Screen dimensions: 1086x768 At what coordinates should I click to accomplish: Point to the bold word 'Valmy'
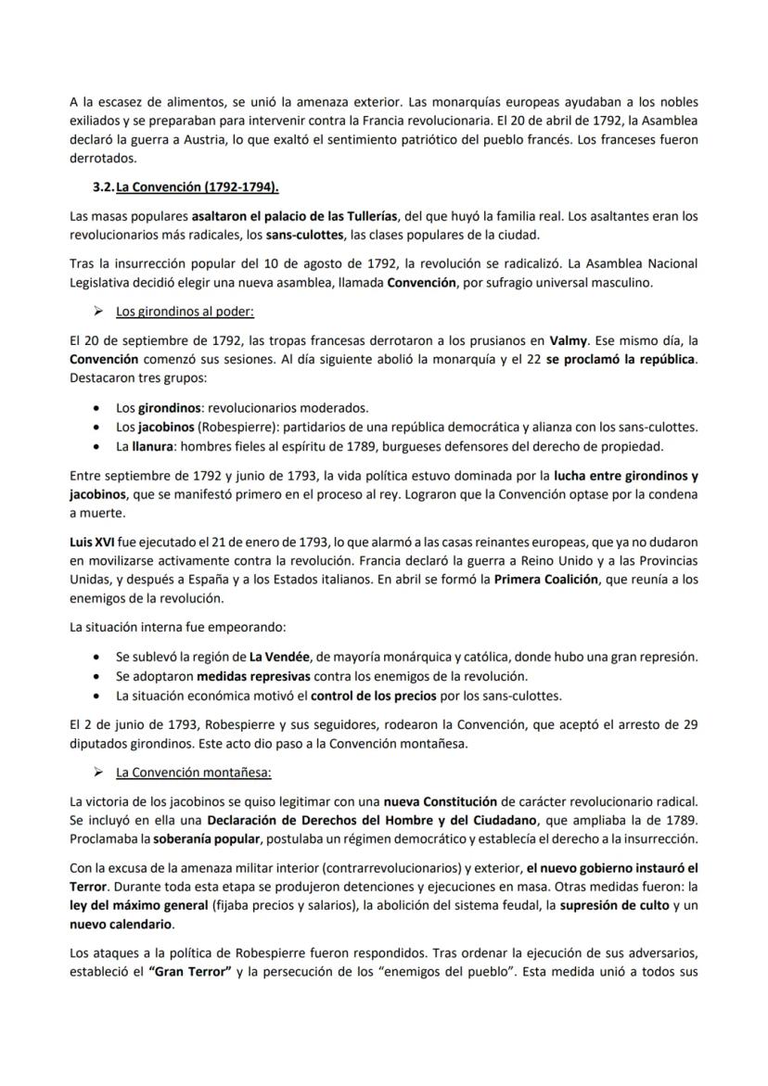coord(568,341)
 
